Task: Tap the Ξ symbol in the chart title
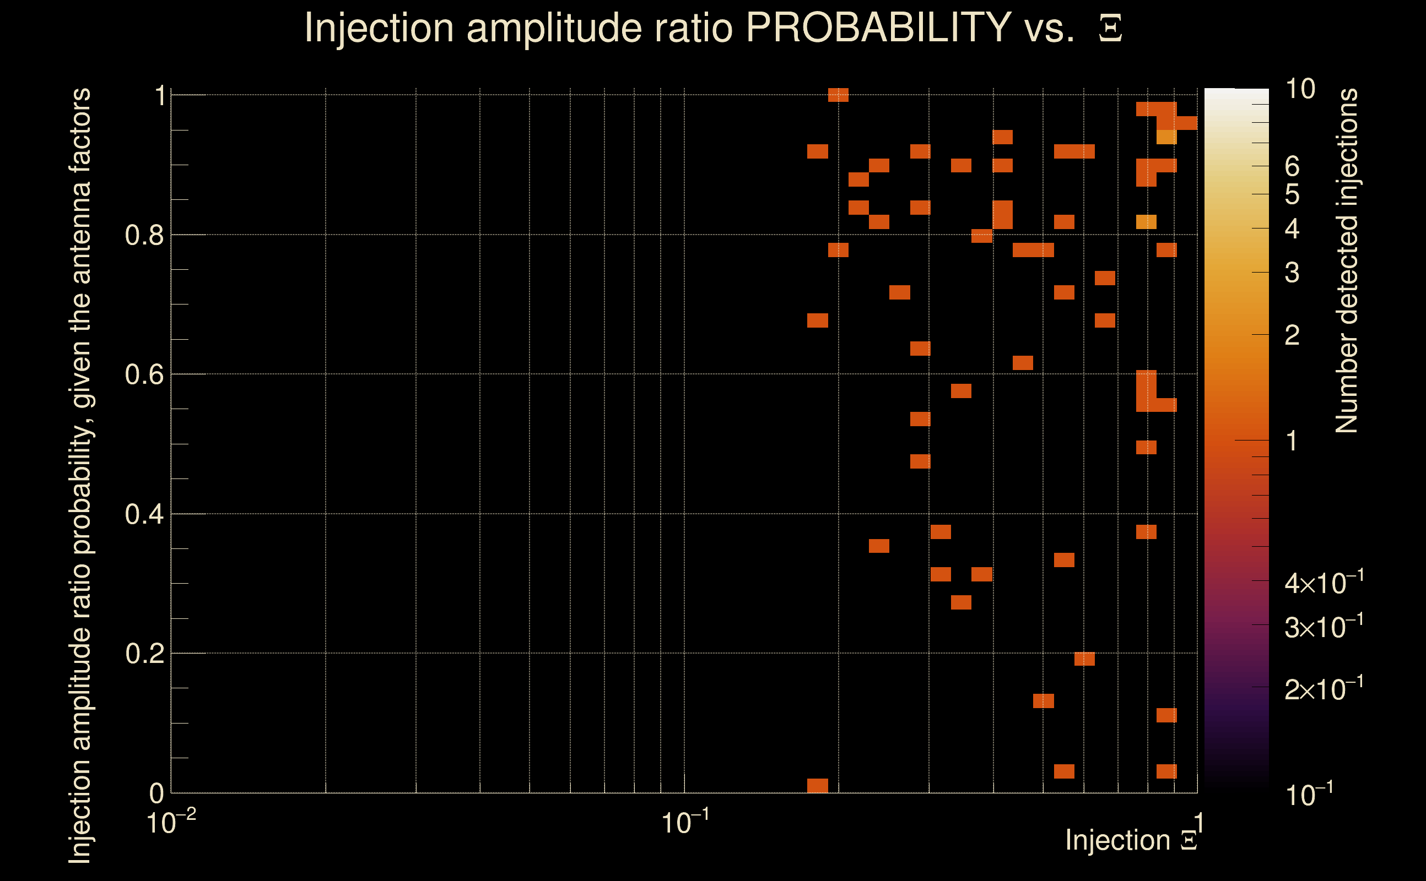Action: click(1110, 29)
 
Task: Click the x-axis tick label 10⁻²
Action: click(170, 823)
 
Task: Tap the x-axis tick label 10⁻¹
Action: click(684, 823)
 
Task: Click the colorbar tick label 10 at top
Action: click(1299, 89)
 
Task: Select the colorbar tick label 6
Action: click(1292, 167)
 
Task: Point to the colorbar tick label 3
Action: click(1292, 273)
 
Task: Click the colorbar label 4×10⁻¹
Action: click(1324, 583)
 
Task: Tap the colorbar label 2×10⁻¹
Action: click(1324, 690)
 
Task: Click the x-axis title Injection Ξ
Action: click(1131, 840)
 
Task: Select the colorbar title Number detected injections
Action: click(1347, 260)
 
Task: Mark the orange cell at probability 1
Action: click(838, 95)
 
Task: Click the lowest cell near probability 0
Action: click(817, 785)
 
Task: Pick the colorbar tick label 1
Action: click(1292, 441)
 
